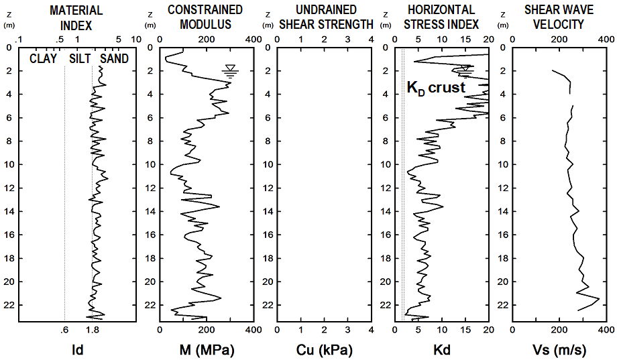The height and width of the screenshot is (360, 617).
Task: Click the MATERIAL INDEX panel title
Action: click(x=77, y=17)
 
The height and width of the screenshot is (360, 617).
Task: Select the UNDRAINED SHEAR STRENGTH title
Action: click(x=325, y=17)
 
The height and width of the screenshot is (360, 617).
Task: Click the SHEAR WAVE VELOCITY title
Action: click(x=555, y=17)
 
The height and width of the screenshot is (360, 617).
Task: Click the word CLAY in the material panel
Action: click(x=42, y=59)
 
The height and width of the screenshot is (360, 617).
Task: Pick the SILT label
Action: click(x=80, y=59)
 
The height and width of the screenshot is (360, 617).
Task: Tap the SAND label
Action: click(x=114, y=59)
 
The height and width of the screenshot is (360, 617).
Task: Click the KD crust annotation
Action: click(x=436, y=88)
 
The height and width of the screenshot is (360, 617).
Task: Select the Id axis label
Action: click(x=77, y=349)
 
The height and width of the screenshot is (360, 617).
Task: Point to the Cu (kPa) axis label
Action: click(x=324, y=349)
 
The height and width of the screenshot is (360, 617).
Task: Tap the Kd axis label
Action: click(x=442, y=349)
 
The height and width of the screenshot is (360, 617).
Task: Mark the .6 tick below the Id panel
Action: click(x=64, y=330)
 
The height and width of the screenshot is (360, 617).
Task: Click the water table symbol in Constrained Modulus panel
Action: click(x=230, y=71)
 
